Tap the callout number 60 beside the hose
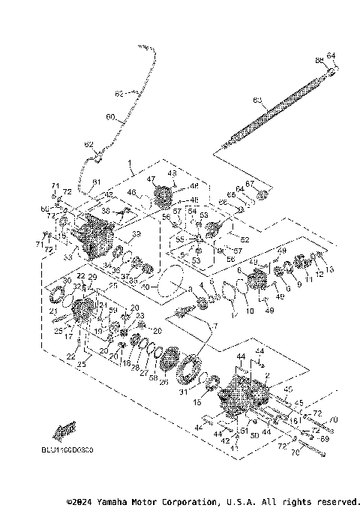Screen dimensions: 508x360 point(110,117)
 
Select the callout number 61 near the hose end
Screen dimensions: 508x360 point(97,182)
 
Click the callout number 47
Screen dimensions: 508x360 point(150,179)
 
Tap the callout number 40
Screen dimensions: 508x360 point(145,286)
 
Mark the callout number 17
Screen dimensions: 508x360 point(67,337)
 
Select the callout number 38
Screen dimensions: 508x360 point(105,212)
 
